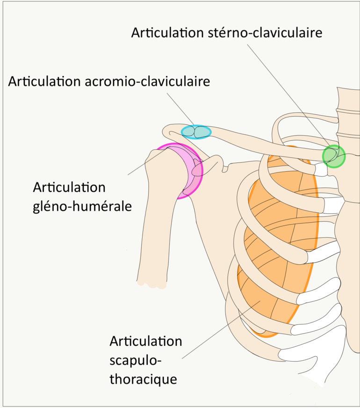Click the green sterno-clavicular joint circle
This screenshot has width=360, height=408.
(334, 156)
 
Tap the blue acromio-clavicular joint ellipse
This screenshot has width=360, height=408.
(196, 132)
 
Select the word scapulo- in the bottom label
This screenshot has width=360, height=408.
(136, 360)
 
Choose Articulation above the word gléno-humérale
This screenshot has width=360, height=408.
(69, 187)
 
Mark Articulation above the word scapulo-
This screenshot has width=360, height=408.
(145, 341)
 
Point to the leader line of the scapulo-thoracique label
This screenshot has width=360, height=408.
(220, 330)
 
